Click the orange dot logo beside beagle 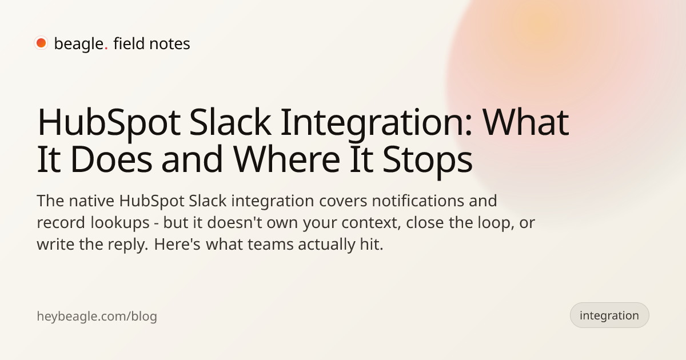tap(41, 43)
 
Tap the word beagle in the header tap(79, 44)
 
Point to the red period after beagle tap(106, 49)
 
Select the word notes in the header tap(170, 44)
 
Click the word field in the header tap(129, 43)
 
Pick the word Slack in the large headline tap(230, 122)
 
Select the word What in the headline tap(526, 122)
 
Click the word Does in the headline tap(111, 159)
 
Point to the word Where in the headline tap(286, 159)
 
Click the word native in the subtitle tap(91, 201)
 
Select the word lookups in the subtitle tap(120, 223)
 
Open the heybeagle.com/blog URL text tap(97, 316)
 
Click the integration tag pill tap(609, 315)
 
